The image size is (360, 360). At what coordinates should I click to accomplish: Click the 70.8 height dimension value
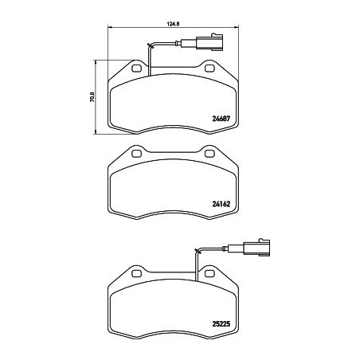(93, 97)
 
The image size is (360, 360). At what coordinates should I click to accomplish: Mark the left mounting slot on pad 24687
(135, 70)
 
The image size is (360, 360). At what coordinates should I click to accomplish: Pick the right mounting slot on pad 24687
(209, 70)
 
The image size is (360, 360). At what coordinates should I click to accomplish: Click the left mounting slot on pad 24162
(135, 154)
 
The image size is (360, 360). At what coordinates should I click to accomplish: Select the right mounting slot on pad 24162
(209, 154)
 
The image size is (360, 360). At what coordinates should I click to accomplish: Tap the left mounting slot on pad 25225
(135, 276)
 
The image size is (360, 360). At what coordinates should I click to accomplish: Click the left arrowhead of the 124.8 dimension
(108, 29)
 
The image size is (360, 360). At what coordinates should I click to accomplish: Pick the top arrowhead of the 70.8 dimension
(97, 61)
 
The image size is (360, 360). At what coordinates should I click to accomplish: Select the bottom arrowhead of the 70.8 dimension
(97, 132)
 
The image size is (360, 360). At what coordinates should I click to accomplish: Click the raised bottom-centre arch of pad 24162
(172, 216)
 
